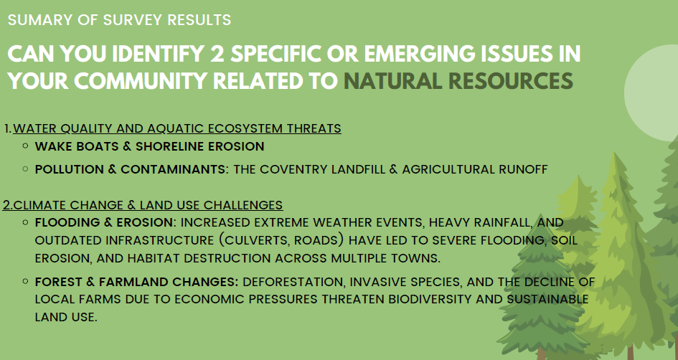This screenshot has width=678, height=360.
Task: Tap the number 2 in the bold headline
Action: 217,54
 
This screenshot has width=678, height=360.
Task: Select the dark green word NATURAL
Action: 392,81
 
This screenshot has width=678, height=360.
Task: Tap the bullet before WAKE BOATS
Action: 26,146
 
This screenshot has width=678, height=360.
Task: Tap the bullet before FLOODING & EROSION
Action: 26,222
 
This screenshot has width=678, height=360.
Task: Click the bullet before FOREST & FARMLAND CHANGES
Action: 26,281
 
